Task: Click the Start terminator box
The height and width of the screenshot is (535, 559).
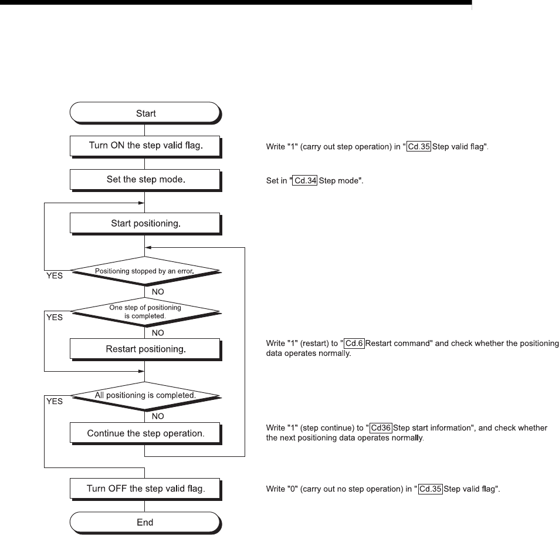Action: pos(145,113)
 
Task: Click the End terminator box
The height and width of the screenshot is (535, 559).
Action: pos(145,521)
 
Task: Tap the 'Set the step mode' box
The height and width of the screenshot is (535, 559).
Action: pos(145,179)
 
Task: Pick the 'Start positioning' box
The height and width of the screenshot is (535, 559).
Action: pos(145,223)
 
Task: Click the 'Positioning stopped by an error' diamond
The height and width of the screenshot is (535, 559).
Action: pos(145,272)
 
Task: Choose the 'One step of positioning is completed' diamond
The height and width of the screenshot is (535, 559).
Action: pos(145,311)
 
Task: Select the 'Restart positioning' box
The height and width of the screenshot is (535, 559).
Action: pos(145,349)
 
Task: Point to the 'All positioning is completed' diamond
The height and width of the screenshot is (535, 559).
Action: pos(145,395)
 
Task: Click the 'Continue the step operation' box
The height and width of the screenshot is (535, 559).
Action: pos(145,433)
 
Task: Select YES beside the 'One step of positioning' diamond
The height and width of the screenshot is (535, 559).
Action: pos(54,317)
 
